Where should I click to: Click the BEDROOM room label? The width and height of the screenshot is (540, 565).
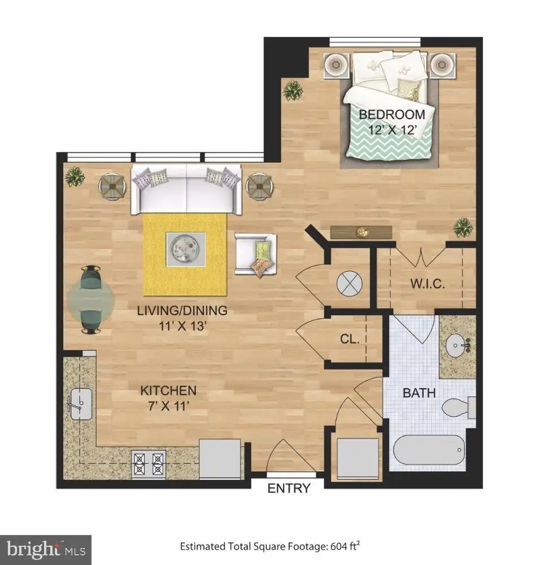(x=392, y=115)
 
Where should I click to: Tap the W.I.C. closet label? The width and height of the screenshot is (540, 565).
(x=428, y=284)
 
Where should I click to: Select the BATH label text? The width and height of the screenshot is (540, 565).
(x=419, y=393)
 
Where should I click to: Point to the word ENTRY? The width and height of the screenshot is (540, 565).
(x=289, y=488)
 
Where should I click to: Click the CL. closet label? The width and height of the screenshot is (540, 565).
(x=350, y=338)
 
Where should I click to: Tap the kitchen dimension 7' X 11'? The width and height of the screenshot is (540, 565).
(x=169, y=406)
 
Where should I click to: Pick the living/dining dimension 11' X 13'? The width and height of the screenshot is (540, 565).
(x=182, y=326)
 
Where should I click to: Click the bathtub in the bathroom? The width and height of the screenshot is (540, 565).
(x=429, y=450)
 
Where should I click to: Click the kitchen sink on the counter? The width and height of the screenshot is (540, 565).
(x=80, y=404)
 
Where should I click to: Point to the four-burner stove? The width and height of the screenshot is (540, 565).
(x=149, y=464)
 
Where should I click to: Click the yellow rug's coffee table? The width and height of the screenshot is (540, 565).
(x=186, y=250)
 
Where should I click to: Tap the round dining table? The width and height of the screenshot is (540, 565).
(x=91, y=299)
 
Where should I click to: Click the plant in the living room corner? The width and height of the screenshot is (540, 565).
(x=75, y=176)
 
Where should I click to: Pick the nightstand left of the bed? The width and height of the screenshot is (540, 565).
(x=337, y=65)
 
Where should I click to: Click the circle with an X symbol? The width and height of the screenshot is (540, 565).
(x=349, y=284)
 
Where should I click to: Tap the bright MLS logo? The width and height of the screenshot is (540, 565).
(x=46, y=550)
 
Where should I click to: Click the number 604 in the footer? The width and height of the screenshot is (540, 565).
(x=338, y=546)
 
